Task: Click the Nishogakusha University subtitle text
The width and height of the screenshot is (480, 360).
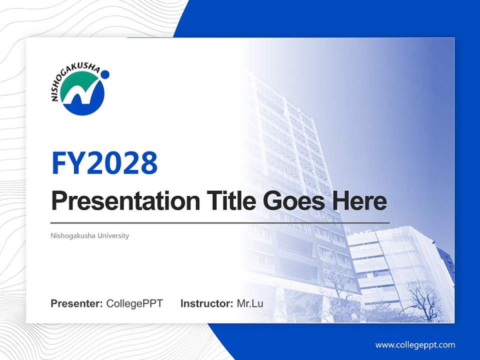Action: click(89, 235)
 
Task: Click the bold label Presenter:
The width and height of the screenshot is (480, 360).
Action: click(77, 303)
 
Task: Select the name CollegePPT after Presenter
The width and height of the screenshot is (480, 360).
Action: click(134, 303)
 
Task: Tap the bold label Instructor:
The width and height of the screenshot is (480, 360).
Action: click(206, 303)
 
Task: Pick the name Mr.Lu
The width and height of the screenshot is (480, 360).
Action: click(250, 303)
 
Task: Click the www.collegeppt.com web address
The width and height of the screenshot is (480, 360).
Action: click(415, 344)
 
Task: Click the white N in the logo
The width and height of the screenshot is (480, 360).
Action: click(82, 96)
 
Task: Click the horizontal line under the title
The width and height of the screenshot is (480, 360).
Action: click(220, 222)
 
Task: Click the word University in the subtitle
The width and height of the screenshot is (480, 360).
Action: click(113, 235)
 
